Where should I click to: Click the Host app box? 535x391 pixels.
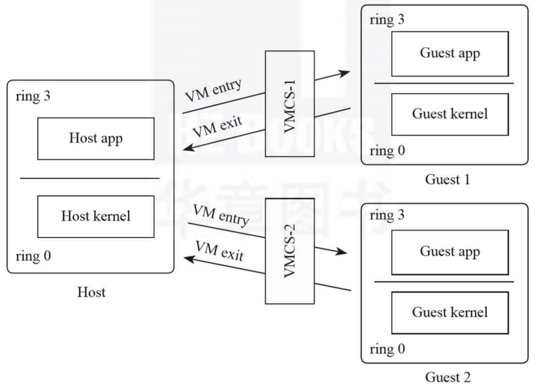coord(96,139)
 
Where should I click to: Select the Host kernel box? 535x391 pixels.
coord(96,216)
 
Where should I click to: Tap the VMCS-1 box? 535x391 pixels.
coord(290,104)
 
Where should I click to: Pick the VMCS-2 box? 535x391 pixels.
coord(290,251)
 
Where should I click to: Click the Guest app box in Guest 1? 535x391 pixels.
coord(450,54)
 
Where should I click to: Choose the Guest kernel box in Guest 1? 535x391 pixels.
coord(450,114)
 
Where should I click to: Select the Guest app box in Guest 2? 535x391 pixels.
coord(450,252)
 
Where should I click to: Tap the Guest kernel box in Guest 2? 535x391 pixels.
coord(450,313)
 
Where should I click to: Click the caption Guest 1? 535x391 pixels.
coord(447,179)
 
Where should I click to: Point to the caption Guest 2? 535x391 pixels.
coord(447,377)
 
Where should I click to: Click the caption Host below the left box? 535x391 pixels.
coord(91,292)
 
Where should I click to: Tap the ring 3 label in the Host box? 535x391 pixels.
coord(33,96)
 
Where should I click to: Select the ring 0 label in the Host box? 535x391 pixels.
coord(33,256)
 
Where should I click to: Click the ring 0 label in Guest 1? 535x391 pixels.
coord(387,151)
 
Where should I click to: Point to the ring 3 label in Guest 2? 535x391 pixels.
coord(387,215)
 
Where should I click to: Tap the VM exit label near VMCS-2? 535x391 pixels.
coord(219,251)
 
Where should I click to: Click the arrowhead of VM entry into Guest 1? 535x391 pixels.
coord(345,73)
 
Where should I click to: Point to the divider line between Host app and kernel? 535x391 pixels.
coord(90,178)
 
